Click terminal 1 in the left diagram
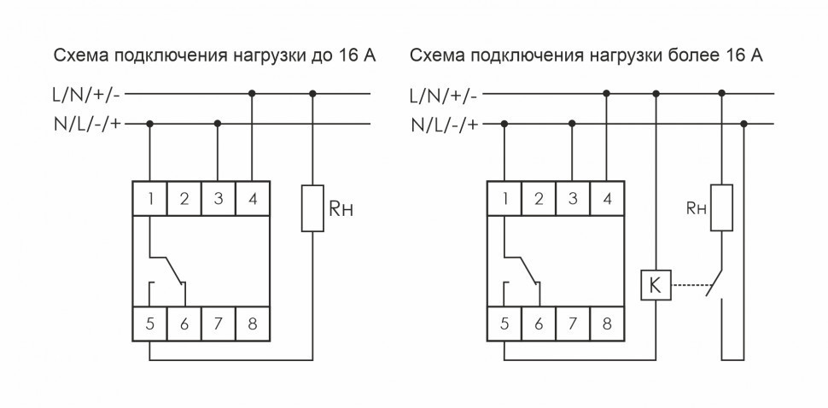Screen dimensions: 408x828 click(151, 199)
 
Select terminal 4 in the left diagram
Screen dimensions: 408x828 click(252, 199)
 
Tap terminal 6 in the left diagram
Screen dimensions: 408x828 click(184, 323)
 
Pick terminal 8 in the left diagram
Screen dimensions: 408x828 click(252, 323)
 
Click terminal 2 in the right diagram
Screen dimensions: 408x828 click(538, 199)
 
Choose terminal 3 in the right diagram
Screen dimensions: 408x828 click(572, 199)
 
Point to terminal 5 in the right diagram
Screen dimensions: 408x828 click(504, 323)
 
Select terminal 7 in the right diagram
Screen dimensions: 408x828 click(572, 323)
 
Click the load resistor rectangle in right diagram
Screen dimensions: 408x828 click(722, 207)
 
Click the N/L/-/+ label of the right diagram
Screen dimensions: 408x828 click(443, 125)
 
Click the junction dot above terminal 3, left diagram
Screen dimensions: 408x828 click(218, 125)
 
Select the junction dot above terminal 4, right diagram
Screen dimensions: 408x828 click(606, 93)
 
